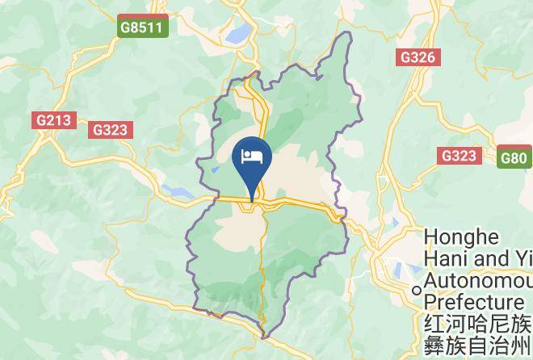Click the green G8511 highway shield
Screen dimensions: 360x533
click(x=141, y=27)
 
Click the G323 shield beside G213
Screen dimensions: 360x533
click(x=111, y=129)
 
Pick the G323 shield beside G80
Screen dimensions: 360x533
click(x=458, y=156)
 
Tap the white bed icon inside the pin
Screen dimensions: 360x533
click(x=252, y=155)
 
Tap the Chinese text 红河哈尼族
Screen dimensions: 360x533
click(x=477, y=324)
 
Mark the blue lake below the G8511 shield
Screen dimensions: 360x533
click(x=239, y=33)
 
